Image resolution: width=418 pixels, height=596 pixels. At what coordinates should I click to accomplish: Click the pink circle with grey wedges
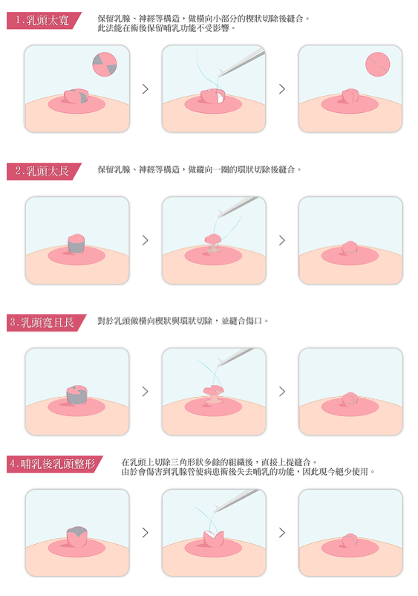[x=105, y=64]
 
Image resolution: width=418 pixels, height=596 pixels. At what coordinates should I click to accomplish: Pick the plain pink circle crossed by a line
[x=378, y=64]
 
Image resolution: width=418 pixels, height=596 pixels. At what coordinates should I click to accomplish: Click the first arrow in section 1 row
[x=145, y=89]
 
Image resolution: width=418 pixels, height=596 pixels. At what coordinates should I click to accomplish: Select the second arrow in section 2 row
[x=281, y=240]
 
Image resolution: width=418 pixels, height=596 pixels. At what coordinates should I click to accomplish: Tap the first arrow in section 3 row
[x=145, y=392]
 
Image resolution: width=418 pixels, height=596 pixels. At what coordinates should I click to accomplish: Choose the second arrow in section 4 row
[x=281, y=533]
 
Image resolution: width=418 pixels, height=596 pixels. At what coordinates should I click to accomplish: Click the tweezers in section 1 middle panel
[x=241, y=62]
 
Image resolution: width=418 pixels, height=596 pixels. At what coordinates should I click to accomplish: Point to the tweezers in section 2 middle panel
[x=238, y=207]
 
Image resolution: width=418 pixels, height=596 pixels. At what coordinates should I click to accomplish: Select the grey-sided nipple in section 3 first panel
[x=76, y=395]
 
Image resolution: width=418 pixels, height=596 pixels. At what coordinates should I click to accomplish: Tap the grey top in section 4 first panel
[x=77, y=531]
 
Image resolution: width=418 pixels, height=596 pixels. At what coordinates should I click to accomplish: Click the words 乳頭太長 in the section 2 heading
[x=48, y=172]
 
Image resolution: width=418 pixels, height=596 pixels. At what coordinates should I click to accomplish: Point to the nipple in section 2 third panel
[x=350, y=247]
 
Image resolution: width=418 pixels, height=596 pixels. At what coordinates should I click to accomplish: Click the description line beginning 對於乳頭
[x=183, y=321]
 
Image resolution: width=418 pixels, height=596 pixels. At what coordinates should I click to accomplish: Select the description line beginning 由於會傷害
[x=248, y=472]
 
